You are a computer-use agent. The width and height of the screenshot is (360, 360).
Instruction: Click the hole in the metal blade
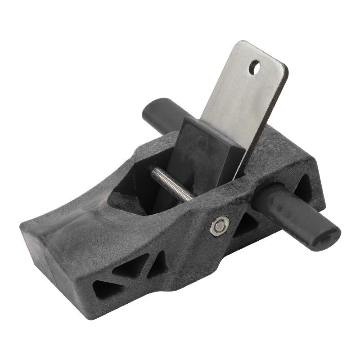(x=254, y=68)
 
